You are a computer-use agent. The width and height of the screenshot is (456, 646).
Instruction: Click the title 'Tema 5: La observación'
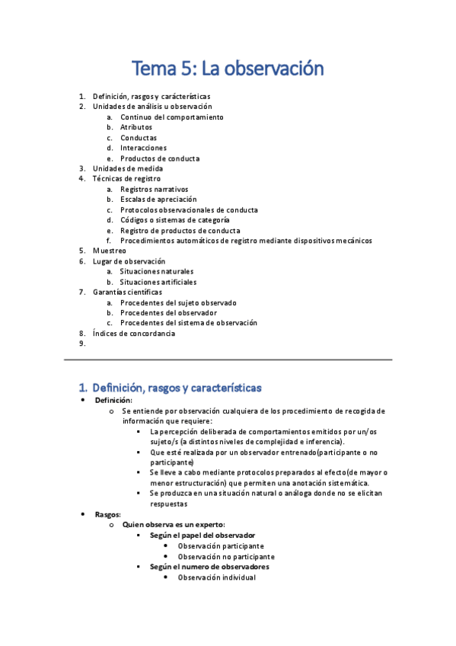point(228,69)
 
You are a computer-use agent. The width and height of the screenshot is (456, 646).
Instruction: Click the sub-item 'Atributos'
point(136,127)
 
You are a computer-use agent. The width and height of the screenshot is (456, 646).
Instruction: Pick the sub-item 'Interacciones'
point(143,148)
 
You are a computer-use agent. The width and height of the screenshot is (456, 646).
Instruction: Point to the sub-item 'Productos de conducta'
point(160,158)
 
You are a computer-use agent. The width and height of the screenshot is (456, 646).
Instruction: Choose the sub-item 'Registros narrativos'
point(154,189)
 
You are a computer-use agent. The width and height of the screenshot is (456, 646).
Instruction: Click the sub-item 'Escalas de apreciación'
point(157,200)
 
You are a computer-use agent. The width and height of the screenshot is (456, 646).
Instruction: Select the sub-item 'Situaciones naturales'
point(157,271)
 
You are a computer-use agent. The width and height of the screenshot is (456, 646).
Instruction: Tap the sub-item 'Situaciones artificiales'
point(158,282)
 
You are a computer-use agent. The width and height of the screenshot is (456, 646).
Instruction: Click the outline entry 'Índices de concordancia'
point(134,333)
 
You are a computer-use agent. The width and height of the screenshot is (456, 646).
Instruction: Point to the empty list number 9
point(82,344)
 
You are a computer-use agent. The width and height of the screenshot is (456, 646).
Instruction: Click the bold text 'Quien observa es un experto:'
point(174,525)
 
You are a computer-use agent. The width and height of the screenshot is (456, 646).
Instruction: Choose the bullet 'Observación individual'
point(216,577)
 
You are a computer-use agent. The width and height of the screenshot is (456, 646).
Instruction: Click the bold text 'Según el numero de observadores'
point(209,567)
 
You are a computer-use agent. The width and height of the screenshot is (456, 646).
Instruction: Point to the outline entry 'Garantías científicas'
point(127,292)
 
